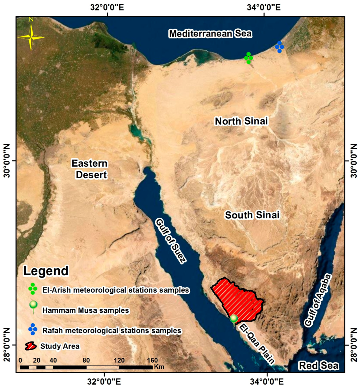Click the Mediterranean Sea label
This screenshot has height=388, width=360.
pyautogui.click(x=210, y=34)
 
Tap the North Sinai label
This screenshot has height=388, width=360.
pyautogui.click(x=241, y=121)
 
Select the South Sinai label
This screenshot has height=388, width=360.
pyautogui.click(x=252, y=215)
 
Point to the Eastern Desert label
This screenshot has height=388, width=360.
pyautogui.click(x=90, y=169)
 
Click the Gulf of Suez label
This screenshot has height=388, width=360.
pyautogui.click(x=170, y=241)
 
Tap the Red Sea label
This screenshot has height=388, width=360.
pyautogui.click(x=318, y=366)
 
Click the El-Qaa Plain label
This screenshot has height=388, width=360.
pyautogui.click(x=257, y=343)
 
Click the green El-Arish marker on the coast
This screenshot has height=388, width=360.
pyautogui.click(x=249, y=58)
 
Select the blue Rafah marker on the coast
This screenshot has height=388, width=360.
pyautogui.click(x=280, y=47)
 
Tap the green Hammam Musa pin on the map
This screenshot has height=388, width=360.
pyautogui.click(x=234, y=319)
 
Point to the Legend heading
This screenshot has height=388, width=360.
pyautogui.click(x=46, y=271)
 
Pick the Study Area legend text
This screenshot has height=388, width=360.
pyautogui.click(x=60, y=346)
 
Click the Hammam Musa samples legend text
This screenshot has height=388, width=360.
pyautogui.click(x=85, y=310)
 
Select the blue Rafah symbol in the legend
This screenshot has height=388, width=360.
pyautogui.click(x=33, y=329)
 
